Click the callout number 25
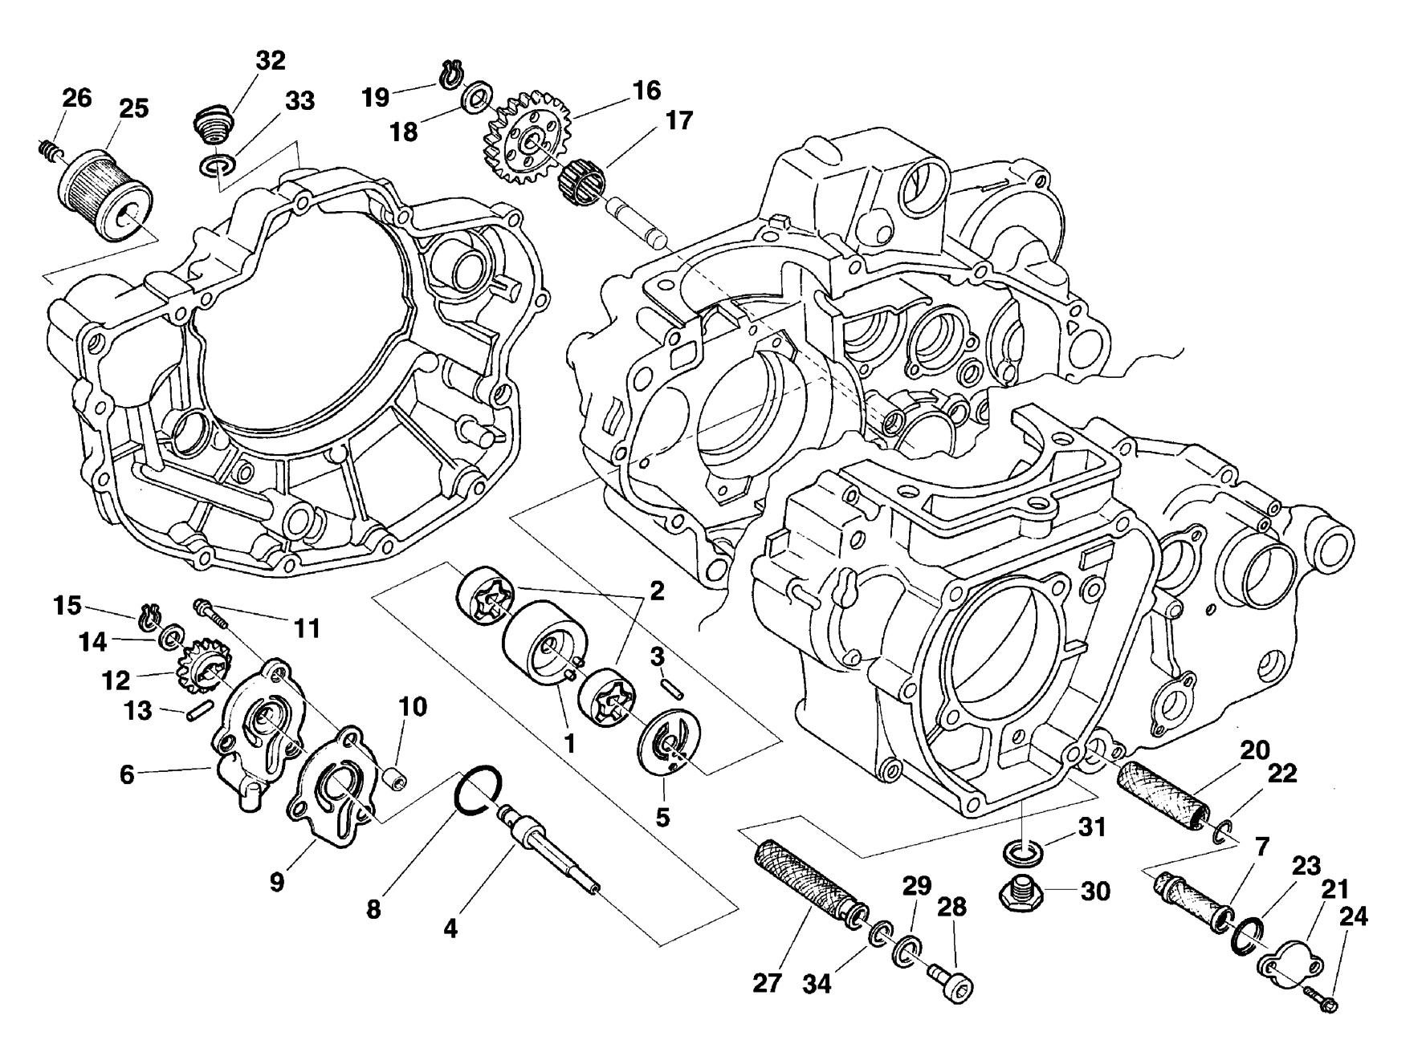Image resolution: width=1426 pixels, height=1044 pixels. coord(133,109)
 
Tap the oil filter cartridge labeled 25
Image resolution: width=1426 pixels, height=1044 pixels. coord(102,184)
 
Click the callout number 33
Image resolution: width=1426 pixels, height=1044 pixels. coord(299,102)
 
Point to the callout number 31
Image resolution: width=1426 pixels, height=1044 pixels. coord(1092,827)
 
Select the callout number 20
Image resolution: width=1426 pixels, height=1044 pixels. coord(1254,751)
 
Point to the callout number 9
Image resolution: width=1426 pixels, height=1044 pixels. coord(276,883)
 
